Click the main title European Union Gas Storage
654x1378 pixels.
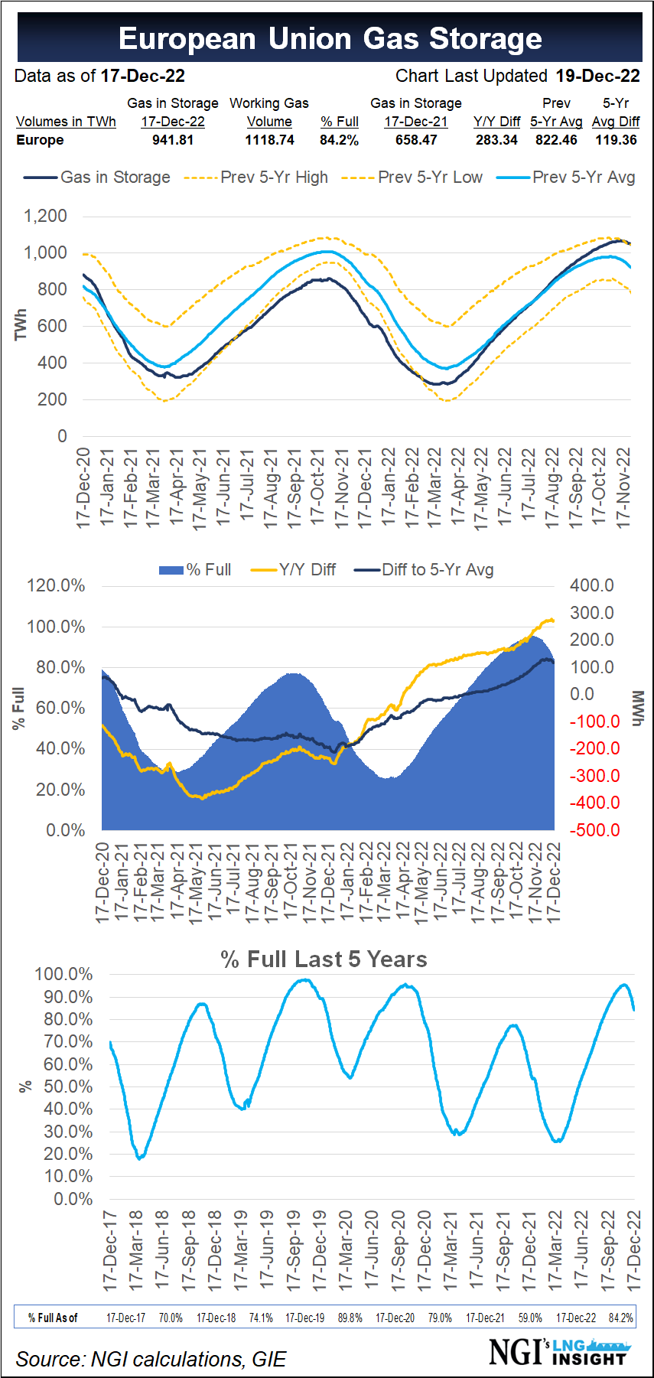tap(330, 38)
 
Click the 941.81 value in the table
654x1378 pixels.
tap(173, 140)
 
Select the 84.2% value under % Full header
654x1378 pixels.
tap(339, 140)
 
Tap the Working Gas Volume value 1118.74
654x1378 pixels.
tap(269, 140)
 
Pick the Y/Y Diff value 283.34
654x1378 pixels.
tap(496, 140)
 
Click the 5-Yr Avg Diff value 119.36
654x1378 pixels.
tap(616, 140)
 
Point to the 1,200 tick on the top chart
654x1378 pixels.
tap(46, 216)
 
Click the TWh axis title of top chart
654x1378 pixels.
tap(21, 324)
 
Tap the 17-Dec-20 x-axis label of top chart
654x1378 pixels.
tap(83, 487)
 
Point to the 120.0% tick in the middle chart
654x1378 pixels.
tap(57, 586)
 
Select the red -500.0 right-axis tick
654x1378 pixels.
tap(594, 830)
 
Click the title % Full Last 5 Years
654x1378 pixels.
tap(324, 959)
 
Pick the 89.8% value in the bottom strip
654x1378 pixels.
tap(350, 1318)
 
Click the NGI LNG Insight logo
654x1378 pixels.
tap(558, 1351)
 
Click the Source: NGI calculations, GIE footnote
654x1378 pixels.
tap(151, 1359)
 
